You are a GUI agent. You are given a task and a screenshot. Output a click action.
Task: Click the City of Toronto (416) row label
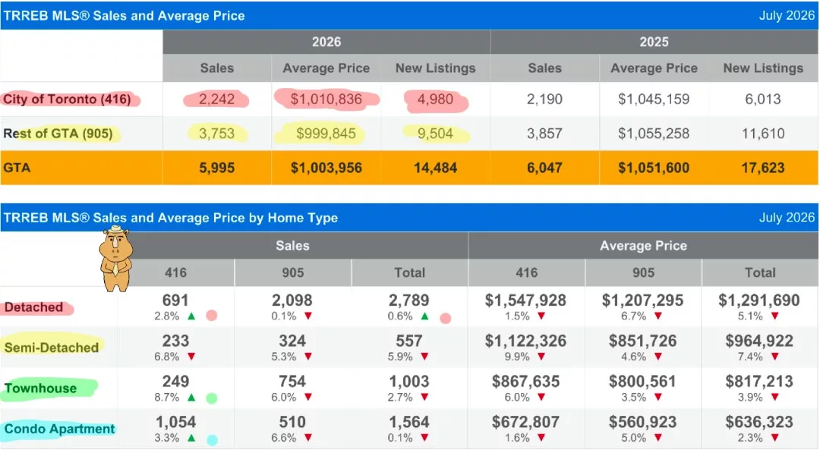[67, 99]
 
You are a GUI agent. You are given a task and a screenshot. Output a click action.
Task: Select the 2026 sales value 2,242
[216, 99]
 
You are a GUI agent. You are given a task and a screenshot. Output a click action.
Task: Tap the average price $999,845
[326, 134]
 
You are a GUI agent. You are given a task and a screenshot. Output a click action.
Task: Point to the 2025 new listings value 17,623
[762, 168]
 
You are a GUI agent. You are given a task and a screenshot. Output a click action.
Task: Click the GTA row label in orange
[17, 168]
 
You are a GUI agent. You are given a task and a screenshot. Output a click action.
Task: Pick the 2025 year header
[654, 42]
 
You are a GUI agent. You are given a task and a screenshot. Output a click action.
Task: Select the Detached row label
[33, 307]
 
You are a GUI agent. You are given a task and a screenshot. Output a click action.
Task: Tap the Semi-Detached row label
[52, 348]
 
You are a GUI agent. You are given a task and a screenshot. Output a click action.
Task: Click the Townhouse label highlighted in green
[40, 389]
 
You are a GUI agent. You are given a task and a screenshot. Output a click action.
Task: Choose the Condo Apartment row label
[59, 429]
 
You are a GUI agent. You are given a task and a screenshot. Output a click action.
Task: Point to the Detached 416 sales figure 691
[175, 301]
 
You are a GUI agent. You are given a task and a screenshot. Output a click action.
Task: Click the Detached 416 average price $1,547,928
[525, 301]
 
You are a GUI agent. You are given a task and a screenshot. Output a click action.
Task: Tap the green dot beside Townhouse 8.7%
[211, 398]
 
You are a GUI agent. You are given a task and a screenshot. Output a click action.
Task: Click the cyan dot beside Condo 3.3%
[212, 440]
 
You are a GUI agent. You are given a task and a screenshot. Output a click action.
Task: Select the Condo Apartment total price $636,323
[759, 422]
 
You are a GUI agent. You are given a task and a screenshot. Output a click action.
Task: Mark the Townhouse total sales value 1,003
[409, 382]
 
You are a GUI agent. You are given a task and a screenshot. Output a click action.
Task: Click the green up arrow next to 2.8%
[191, 316]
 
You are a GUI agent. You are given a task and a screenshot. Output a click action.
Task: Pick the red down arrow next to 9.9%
[541, 357]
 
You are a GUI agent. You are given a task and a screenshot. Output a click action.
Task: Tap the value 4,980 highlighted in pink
[435, 99]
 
